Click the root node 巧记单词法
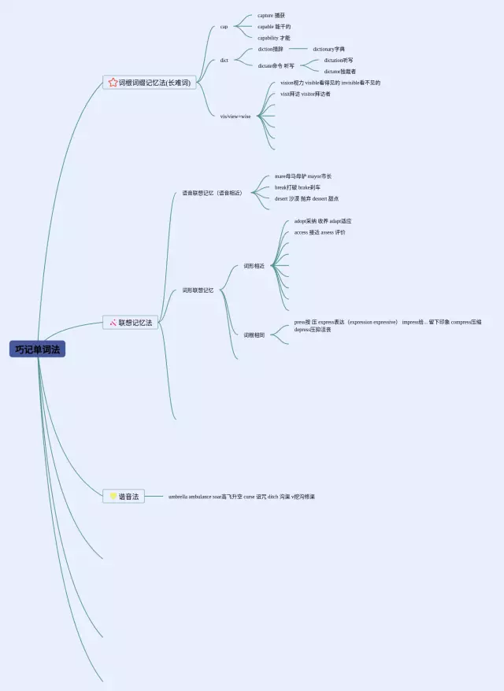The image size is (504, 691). tap(37, 349)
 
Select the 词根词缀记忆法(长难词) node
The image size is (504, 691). tap(154, 83)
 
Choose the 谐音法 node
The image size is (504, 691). tap(128, 497)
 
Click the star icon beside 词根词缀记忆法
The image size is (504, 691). tap(113, 83)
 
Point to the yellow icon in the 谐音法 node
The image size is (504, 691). tap(113, 497)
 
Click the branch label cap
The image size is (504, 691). tap(224, 27)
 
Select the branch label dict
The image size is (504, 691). tap(224, 60)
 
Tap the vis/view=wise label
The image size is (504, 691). tap(235, 116)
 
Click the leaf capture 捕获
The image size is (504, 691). tap(271, 16)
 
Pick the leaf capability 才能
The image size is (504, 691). tap(273, 38)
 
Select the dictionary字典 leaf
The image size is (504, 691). tap(328, 49)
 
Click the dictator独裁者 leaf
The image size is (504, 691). tap(339, 72)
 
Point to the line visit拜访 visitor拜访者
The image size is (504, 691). tap(305, 94)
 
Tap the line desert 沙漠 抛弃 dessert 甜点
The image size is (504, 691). tap(306, 198)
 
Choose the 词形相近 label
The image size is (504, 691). tap(254, 266)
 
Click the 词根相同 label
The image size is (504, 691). tap(254, 335)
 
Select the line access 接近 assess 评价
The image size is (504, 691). tap(319, 232)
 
